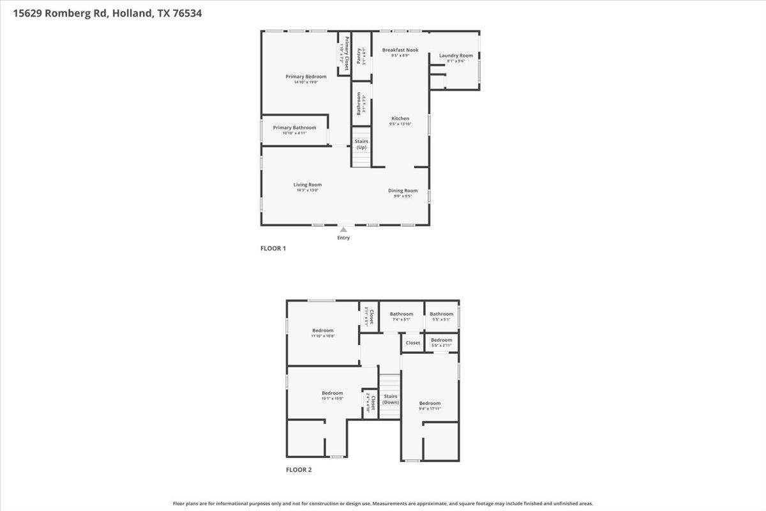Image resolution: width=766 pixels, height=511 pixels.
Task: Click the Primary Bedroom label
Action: (306, 77)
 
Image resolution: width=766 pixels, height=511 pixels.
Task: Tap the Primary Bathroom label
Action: (294, 128)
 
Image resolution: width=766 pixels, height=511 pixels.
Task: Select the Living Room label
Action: (307, 185)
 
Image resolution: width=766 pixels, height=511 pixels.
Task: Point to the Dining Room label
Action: (403, 190)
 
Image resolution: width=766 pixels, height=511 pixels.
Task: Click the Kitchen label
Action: (400, 119)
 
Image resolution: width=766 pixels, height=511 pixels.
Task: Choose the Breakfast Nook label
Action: (400, 50)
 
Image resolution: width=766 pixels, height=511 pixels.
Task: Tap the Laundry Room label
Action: (456, 56)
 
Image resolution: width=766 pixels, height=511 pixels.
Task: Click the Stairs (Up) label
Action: (361, 144)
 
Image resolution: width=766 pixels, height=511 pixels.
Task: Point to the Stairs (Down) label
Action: (391, 399)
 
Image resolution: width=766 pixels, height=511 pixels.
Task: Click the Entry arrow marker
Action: (344, 229)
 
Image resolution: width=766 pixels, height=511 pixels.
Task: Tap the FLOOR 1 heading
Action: (273, 248)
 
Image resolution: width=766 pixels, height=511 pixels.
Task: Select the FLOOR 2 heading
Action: (299, 469)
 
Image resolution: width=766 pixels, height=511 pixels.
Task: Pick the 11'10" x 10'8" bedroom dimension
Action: (322, 336)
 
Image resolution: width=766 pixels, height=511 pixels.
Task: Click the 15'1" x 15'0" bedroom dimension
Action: (332, 399)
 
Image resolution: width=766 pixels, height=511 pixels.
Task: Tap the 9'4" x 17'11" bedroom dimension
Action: (430, 409)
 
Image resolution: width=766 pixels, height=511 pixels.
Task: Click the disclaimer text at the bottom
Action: (383, 503)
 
